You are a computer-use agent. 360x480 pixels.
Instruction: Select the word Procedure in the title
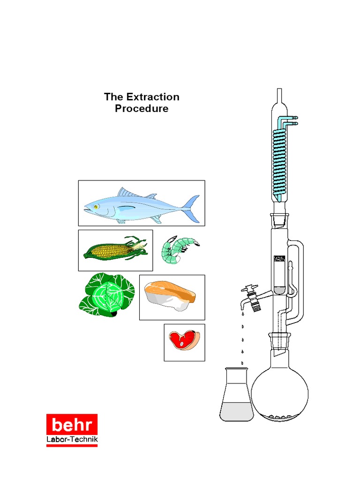142,109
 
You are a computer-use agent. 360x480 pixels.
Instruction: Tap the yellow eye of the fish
95,206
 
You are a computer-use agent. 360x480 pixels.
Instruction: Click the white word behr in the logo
71,425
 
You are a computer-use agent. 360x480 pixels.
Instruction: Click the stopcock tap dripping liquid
252,297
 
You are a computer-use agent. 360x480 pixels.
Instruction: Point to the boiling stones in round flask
280,416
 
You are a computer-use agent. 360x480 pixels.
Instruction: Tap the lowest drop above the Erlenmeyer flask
242,363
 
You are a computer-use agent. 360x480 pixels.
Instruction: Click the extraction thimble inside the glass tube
279,274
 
